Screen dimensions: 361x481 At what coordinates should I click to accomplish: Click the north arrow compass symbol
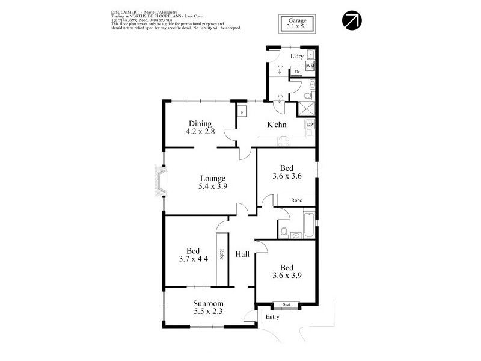point(351,20)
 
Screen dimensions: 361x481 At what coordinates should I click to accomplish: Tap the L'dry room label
point(296,56)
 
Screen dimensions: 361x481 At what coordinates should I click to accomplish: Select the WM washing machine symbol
point(310,65)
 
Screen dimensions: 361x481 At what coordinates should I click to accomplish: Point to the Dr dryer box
point(297,72)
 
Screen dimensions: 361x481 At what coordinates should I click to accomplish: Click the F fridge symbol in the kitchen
point(242,111)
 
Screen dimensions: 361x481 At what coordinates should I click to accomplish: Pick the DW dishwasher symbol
point(310,125)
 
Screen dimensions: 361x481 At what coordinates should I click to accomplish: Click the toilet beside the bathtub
point(284,231)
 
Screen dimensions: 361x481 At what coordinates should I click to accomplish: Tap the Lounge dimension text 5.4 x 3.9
point(212,187)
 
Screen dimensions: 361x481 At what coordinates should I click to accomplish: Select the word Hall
point(242,255)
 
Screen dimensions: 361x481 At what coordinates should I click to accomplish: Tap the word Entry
point(272,317)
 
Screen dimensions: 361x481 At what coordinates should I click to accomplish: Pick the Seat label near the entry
point(286,305)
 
